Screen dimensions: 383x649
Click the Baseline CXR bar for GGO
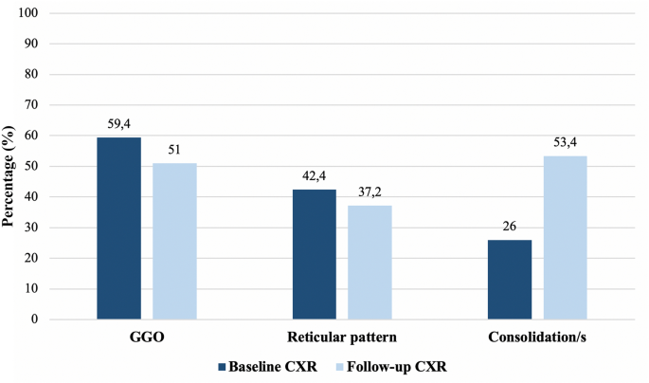click(x=118, y=228)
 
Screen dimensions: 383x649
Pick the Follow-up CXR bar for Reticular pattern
click(x=370, y=263)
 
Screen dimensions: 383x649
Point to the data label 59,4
click(x=118, y=123)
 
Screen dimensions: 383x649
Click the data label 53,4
click(x=565, y=142)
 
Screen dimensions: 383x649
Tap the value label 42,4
click(x=314, y=175)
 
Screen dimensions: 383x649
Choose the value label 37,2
click(x=370, y=191)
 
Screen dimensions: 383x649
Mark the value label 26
click(x=510, y=227)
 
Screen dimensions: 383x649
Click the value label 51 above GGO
click(x=174, y=150)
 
